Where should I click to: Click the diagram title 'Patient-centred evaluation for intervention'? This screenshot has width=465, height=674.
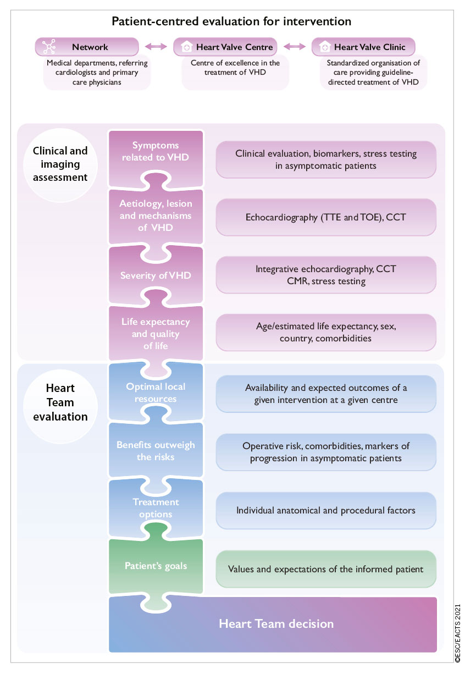pyautogui.click(x=231, y=21)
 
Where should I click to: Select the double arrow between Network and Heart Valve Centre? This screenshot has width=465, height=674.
pyautogui.click(x=156, y=47)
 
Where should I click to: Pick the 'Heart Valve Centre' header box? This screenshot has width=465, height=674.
pyautogui.click(x=225, y=47)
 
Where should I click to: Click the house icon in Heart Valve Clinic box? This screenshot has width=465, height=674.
pyautogui.click(x=325, y=47)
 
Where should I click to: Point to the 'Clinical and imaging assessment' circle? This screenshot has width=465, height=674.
pyautogui.click(x=60, y=164)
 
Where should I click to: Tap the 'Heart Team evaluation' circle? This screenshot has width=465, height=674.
pyautogui.click(x=60, y=402)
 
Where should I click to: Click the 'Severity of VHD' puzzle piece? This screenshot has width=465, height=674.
pyautogui.click(x=156, y=275)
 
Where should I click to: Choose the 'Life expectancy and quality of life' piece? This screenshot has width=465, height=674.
pyautogui.click(x=156, y=334)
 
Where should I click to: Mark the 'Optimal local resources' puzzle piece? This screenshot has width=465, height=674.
pyautogui.click(x=156, y=393)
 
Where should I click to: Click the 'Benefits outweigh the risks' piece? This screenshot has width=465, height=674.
pyautogui.click(x=156, y=451)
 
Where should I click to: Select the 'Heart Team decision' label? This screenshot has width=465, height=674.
pyautogui.click(x=276, y=624)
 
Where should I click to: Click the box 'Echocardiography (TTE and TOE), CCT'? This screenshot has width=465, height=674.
pyautogui.click(x=326, y=217)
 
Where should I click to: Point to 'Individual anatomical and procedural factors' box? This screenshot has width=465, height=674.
pyautogui.click(x=326, y=510)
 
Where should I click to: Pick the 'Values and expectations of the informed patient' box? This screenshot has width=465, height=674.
pyautogui.click(x=326, y=569)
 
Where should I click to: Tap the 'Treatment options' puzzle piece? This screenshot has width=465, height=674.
pyautogui.click(x=156, y=509)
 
